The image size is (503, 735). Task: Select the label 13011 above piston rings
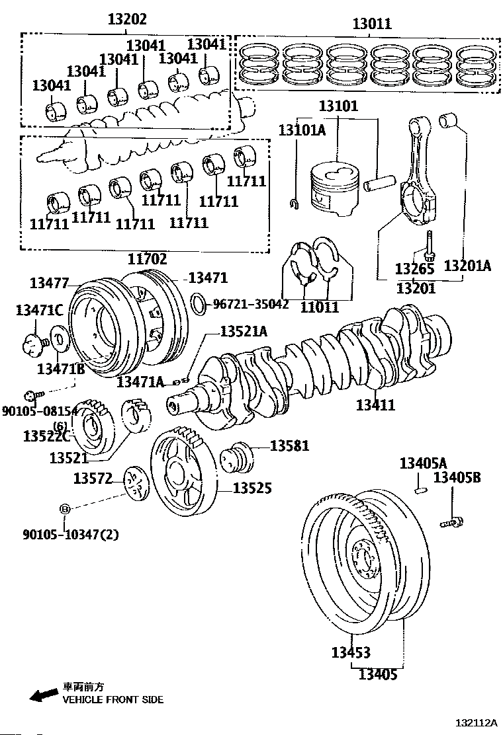[x=371, y=24]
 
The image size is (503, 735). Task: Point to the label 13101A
[x=302, y=130]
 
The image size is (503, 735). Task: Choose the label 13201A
[x=467, y=266]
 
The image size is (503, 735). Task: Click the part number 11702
[x=147, y=259]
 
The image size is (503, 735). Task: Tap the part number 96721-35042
[x=251, y=305]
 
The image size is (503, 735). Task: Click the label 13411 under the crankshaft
[x=375, y=405]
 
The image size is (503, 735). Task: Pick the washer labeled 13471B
[x=58, y=341]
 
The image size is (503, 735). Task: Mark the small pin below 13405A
[x=418, y=489]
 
